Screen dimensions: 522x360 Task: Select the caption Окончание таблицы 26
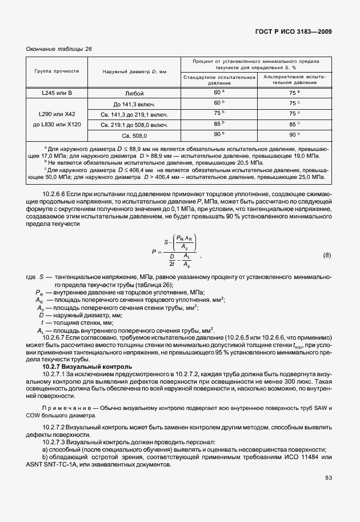(59, 49)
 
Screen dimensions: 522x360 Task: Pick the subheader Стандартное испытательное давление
(219, 79)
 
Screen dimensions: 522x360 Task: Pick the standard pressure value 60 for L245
(218, 92)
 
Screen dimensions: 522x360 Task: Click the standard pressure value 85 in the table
(218, 124)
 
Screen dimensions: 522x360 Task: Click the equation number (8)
(327, 254)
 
